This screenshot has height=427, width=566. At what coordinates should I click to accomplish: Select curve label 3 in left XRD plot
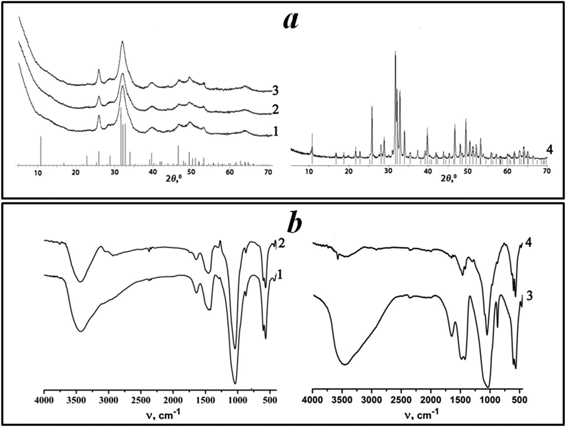coord(275,91)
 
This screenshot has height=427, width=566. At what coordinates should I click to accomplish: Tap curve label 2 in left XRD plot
coord(275,110)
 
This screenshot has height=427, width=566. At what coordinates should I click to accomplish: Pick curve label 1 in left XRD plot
coord(275,131)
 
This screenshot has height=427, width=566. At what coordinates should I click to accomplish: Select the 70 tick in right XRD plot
coord(546,171)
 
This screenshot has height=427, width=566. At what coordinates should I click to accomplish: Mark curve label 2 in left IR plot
coord(281,243)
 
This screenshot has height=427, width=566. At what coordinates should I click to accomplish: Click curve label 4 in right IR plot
coord(529,242)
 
